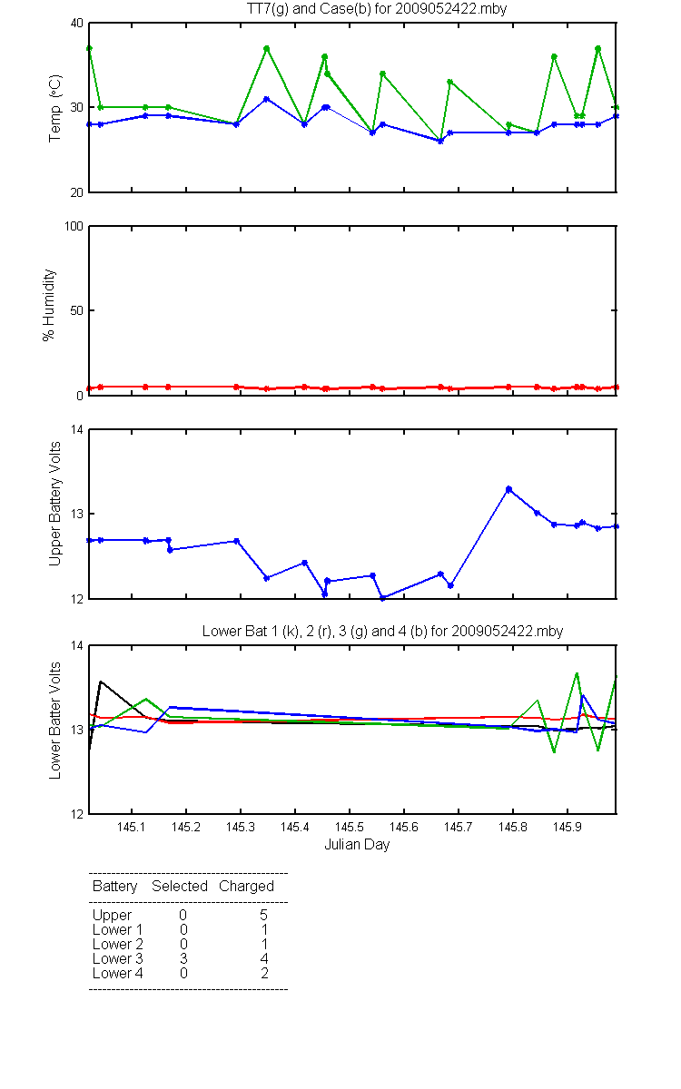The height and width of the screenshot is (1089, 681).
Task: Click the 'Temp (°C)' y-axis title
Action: tap(55, 108)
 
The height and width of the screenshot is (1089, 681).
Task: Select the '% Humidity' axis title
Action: tap(49, 305)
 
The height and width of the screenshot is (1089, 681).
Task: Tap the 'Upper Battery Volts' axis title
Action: tap(54, 504)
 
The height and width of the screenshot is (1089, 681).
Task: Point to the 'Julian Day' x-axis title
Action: tap(357, 845)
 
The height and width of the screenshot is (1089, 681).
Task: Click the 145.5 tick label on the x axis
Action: tap(350, 827)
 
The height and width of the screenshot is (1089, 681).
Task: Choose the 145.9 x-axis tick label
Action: tap(567, 827)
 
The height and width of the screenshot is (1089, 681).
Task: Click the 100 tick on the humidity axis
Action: tap(74, 227)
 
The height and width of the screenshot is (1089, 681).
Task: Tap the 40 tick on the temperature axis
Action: tap(77, 24)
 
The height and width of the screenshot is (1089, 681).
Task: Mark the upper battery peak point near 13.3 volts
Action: tap(508, 489)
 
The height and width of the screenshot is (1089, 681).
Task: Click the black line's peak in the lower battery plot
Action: tap(101, 682)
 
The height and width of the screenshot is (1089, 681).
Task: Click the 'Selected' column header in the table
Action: tap(180, 887)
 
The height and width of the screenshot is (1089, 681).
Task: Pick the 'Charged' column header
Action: tap(246, 887)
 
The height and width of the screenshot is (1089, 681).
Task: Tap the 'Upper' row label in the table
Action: tap(112, 916)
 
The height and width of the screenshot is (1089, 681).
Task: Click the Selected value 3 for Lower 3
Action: tap(183, 958)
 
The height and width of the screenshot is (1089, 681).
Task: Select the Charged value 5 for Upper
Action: tap(263, 915)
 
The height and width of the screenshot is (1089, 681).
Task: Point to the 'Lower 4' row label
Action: tap(118, 973)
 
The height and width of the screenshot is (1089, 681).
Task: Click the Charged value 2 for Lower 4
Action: tap(264, 973)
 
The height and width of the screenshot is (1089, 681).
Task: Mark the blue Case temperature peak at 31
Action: tap(267, 99)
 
